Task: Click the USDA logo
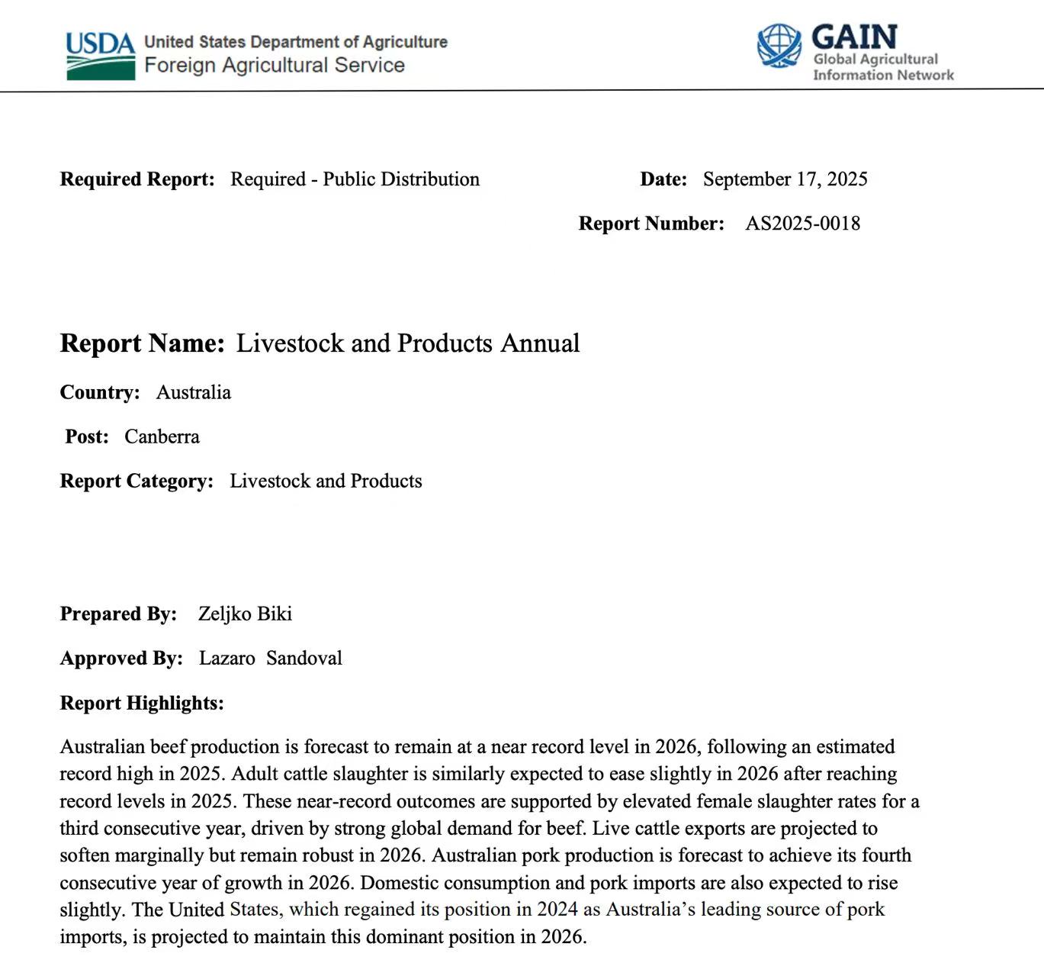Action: pos(100,55)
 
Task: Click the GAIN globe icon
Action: pos(779,45)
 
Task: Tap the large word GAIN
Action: pos(854,37)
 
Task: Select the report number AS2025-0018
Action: pos(802,224)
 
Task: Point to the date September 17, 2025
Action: pos(785,179)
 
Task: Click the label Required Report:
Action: pos(137,179)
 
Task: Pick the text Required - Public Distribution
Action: pos(355,179)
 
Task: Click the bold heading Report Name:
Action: pos(142,343)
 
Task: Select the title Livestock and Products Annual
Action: pos(408,343)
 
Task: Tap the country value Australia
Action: pos(193,392)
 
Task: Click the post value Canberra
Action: pos(162,436)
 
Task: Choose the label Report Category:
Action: pos(137,481)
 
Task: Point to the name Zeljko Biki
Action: pos(245,614)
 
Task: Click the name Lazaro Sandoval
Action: pos(270,658)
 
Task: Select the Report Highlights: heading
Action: pos(142,703)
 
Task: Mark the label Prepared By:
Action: pos(118,614)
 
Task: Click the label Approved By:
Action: pos(121,658)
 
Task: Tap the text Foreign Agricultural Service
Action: pos(275,65)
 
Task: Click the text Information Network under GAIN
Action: pos(883,75)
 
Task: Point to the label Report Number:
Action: pos(651,224)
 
